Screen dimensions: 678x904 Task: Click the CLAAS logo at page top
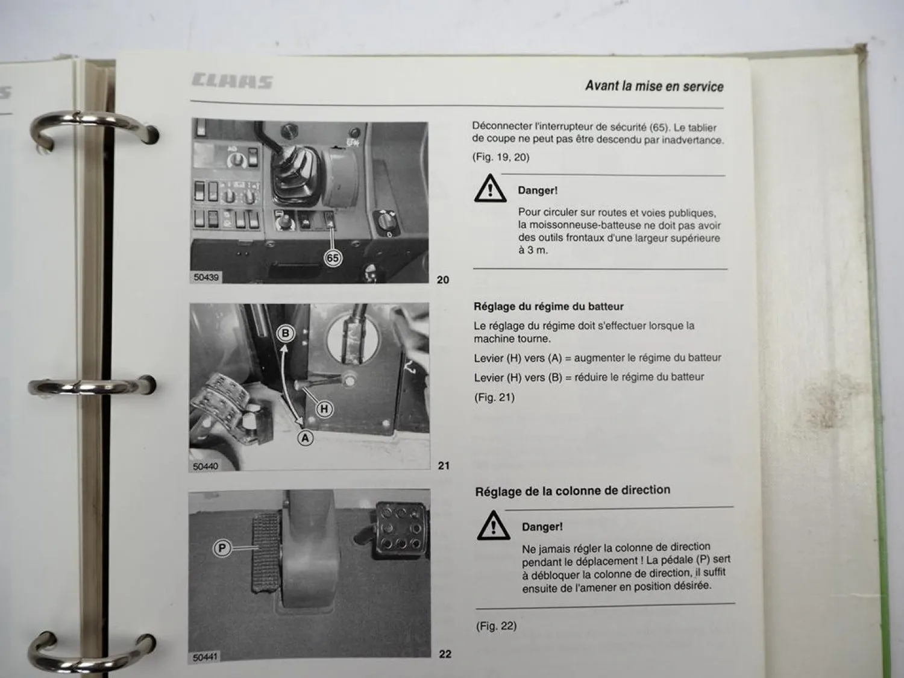pos(233,81)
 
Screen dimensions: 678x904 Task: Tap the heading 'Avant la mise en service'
pos(654,86)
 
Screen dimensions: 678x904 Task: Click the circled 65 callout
pos(333,259)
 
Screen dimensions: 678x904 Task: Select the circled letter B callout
pos(286,333)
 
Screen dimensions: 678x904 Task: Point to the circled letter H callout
pos(324,409)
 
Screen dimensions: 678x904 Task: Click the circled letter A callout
pos(306,438)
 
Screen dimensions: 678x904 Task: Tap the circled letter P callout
pos(222,548)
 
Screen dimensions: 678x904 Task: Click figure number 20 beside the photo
pos(443,280)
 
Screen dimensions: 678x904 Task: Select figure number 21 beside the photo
pos(444,465)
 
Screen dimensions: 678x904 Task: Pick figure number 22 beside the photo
pos(445,654)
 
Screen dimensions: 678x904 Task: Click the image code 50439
pos(206,277)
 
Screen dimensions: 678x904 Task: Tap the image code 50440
pos(206,466)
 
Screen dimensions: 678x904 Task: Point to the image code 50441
pos(206,657)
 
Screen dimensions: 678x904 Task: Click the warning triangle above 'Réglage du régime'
pos(490,189)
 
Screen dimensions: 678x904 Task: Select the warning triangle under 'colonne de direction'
pos(493,526)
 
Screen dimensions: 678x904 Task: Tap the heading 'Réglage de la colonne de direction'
pos(573,491)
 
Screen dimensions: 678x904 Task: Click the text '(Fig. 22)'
pos(496,626)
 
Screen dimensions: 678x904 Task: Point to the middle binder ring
pos(90,386)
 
